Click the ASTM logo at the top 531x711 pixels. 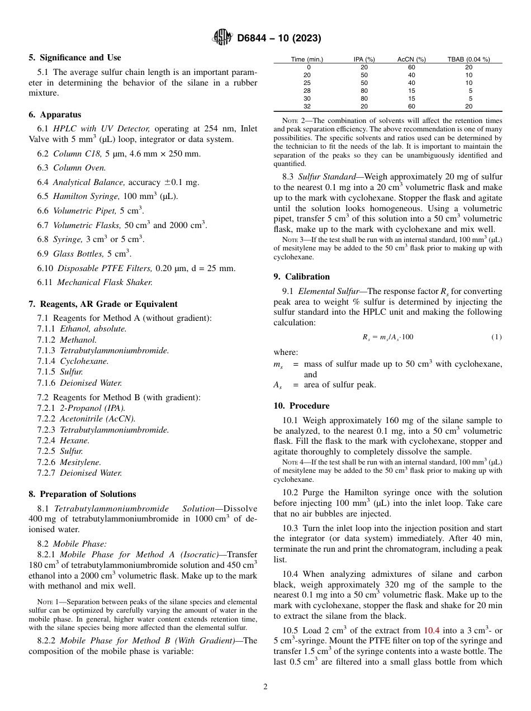coord(222,38)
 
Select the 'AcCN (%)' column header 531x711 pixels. coord(411,59)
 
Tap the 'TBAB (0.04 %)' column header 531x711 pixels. coord(468,59)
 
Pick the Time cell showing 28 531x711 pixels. coord(307,91)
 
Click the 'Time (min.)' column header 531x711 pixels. coord(307,59)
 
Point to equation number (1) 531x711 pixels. coord(496,337)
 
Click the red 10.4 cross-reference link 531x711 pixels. coord(432,631)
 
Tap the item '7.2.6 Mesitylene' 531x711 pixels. coord(69,462)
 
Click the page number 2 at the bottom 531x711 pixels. coord(265,687)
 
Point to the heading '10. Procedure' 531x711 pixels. coord(301,406)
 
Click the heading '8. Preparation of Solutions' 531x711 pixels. coord(82,494)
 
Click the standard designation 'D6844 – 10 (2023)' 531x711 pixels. coord(279,38)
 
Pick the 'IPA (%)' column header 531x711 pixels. coord(364,59)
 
